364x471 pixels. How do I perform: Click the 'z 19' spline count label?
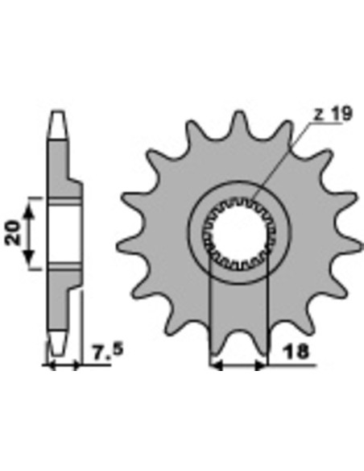[x=333, y=114]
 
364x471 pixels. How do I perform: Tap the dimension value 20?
[x=13, y=232]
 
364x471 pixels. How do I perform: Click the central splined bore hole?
[x=239, y=232]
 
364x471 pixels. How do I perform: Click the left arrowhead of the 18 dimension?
[x=216, y=365]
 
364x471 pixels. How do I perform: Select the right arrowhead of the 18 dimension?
[x=260, y=365]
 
